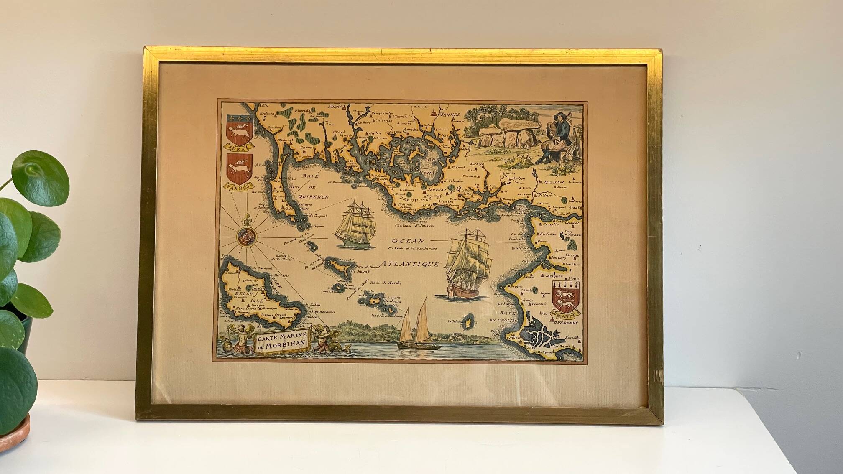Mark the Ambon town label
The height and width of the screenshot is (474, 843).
(x=519, y=178)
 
